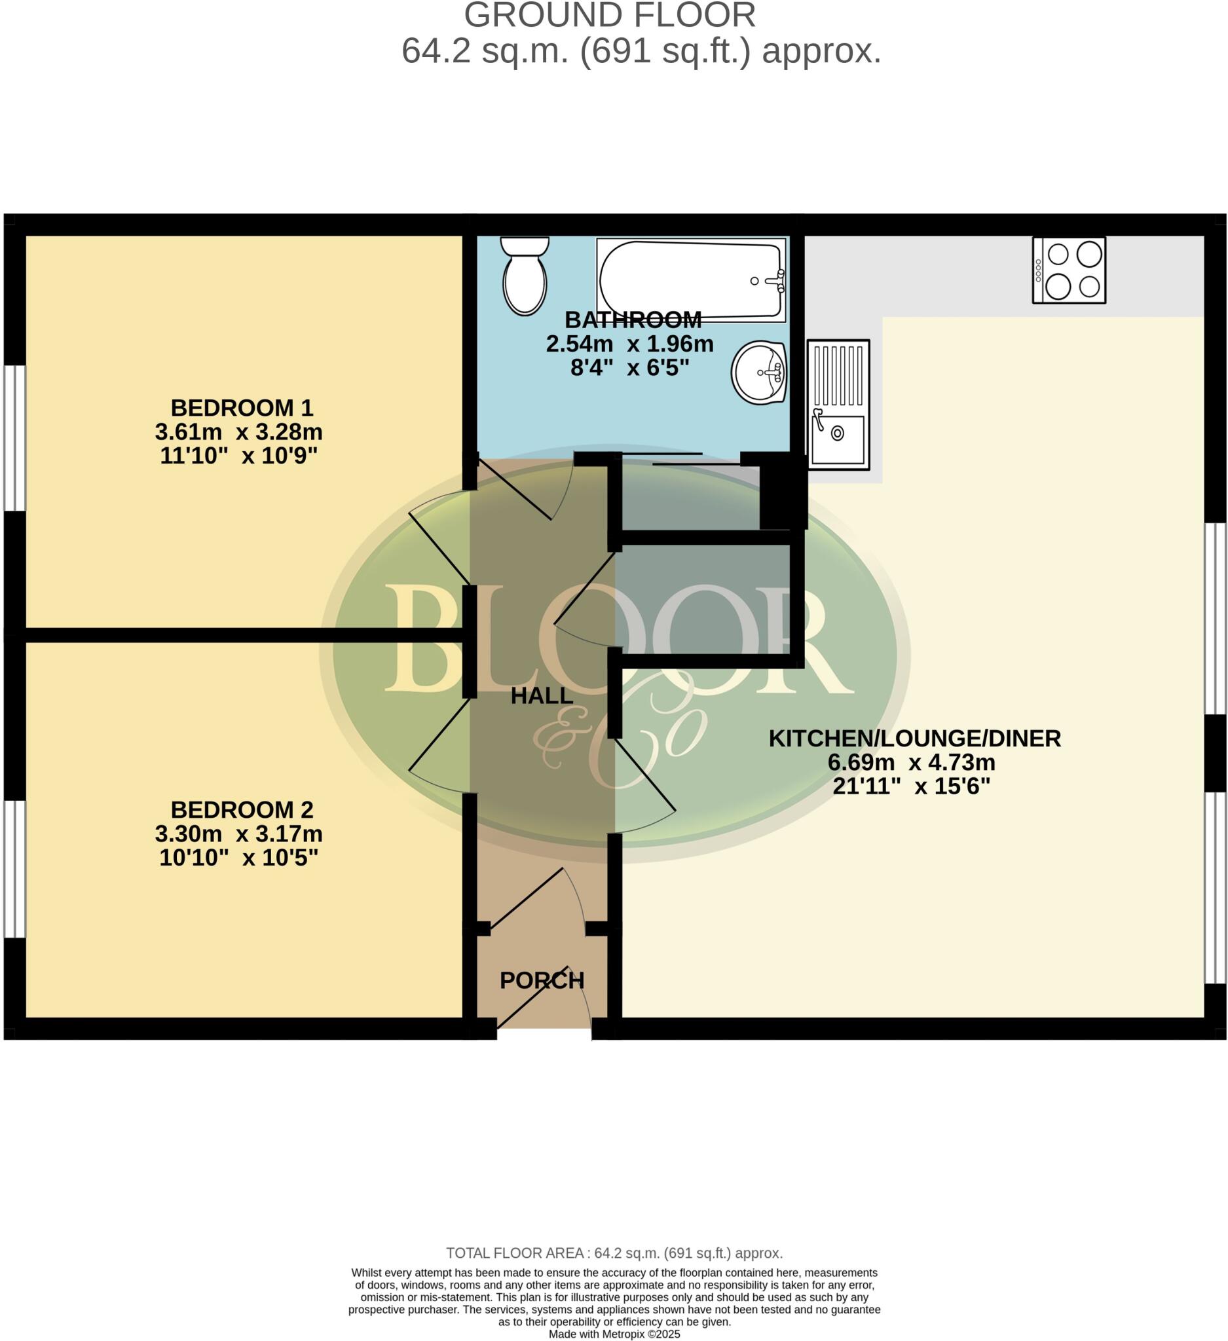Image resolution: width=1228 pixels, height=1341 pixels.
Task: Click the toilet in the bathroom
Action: point(525,277)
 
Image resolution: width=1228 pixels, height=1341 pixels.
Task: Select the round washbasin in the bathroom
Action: point(759,372)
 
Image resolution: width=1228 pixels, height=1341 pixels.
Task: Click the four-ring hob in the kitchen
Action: point(1068,270)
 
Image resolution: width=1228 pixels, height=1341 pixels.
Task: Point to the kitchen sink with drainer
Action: point(838,404)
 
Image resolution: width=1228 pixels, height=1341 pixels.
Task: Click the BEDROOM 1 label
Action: point(242,407)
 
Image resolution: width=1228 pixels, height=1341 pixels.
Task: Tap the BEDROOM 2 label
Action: point(242,809)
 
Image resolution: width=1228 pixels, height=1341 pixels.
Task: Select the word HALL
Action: point(542,696)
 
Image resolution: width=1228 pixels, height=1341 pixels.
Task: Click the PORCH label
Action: point(542,980)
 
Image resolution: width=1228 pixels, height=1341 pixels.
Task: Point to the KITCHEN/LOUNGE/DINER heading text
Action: point(915,739)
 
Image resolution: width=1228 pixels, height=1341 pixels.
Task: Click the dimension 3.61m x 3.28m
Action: point(239,432)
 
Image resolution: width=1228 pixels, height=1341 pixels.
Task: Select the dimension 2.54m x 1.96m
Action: point(629,344)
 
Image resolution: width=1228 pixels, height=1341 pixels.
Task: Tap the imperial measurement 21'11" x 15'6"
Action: point(912,786)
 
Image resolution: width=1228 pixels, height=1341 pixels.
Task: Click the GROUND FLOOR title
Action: point(609,16)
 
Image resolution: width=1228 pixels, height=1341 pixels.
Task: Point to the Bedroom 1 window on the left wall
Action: point(14,437)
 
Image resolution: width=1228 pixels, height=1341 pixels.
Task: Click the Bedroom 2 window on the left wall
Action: point(14,869)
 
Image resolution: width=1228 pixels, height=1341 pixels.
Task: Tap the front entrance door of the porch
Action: point(543,999)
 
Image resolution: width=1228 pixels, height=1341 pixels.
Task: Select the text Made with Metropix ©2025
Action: point(614,1334)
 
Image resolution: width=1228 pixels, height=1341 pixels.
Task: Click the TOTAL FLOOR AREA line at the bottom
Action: point(614,1253)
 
